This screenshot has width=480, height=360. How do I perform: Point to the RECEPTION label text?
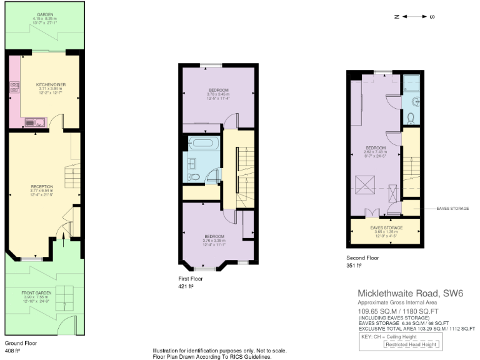pos(42,186)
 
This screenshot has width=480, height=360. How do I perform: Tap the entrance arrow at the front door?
pos(61,235)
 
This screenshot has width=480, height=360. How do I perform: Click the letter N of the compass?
pos(396,17)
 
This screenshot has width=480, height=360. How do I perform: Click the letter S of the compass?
pos(432,17)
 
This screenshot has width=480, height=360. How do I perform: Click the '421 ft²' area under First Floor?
pos(186,286)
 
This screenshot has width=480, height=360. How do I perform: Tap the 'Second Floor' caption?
pos(362,257)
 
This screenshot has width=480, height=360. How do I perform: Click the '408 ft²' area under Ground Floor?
pos(13,351)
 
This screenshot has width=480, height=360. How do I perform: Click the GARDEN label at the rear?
pos(44,14)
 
